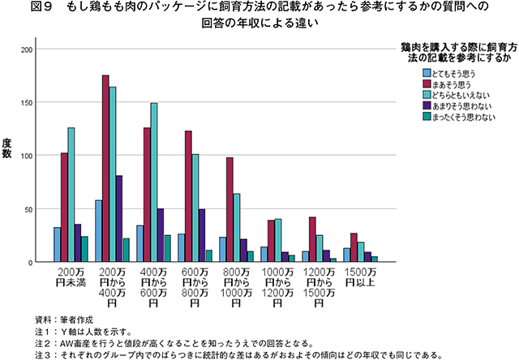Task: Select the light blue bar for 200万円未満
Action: (x=57, y=245)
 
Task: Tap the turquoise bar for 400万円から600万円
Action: (x=153, y=182)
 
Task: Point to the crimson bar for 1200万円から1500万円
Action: (x=313, y=240)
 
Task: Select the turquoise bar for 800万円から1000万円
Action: (x=237, y=228)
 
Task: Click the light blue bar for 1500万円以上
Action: (x=347, y=255)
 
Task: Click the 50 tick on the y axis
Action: (x=30, y=209)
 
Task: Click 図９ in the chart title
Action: (x=28, y=7)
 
